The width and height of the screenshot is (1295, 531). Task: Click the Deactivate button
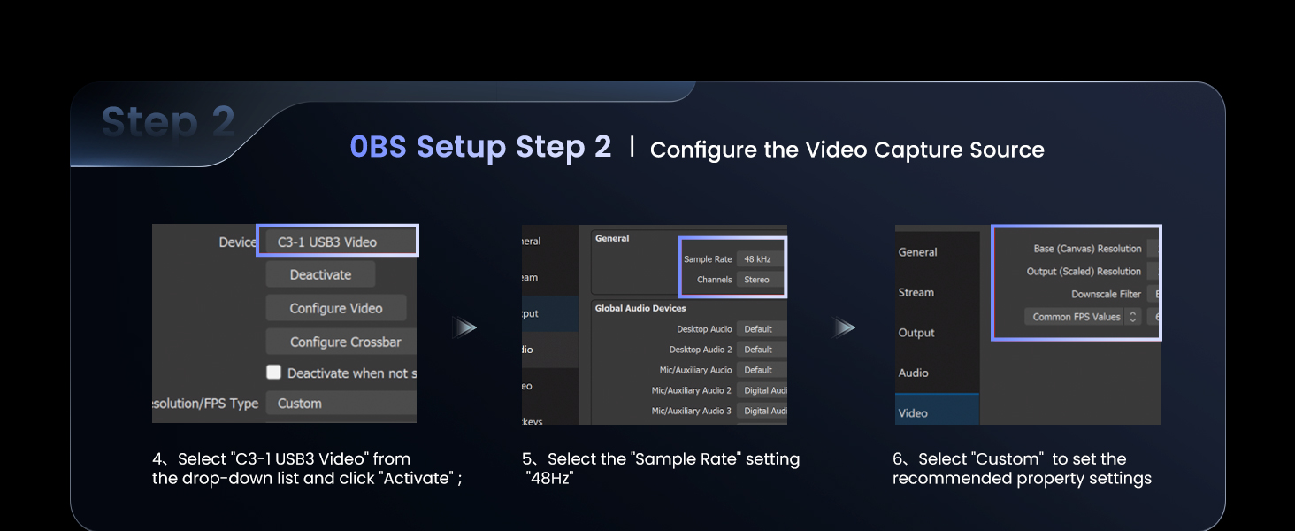tap(320, 274)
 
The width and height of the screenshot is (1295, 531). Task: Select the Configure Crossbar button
tap(345, 342)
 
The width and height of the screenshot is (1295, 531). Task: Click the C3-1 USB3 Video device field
tap(337, 242)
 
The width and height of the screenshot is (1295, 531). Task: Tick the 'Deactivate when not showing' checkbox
tap(274, 373)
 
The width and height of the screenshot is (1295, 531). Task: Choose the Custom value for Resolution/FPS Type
tap(341, 404)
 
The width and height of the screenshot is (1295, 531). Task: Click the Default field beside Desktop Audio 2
tap(760, 350)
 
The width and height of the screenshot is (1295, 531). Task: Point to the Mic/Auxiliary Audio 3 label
tap(691, 411)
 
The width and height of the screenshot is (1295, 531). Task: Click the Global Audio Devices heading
tap(641, 308)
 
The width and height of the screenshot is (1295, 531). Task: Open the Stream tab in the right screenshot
tap(916, 292)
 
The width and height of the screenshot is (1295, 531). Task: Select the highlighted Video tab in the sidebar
tap(913, 412)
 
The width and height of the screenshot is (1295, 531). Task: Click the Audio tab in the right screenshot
tap(914, 373)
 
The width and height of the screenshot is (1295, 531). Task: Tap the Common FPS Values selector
tap(1083, 317)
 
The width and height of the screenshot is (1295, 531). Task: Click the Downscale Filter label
tap(1106, 294)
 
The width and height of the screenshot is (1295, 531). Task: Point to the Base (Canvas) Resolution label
tap(1087, 249)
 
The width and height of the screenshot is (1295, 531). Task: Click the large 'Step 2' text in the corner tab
tap(168, 122)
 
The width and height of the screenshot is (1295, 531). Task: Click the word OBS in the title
tap(378, 147)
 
